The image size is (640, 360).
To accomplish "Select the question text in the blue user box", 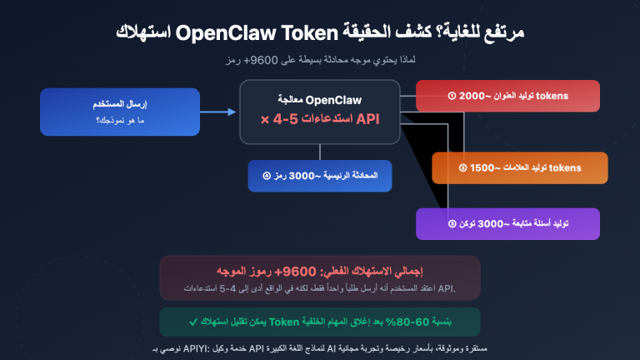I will [118, 122].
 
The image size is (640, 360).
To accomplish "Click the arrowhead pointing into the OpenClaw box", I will [232, 112].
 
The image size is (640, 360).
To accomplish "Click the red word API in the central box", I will [367, 119].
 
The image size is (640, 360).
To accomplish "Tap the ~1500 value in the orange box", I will [485, 167].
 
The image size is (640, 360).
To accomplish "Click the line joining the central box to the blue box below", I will [320, 151].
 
